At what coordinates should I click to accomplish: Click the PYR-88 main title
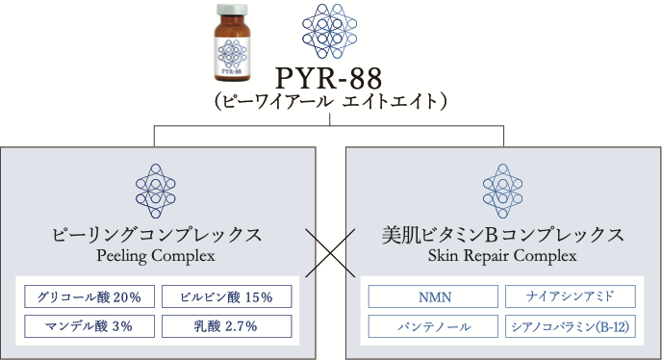[330, 77]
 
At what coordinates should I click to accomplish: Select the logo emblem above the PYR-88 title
[330, 31]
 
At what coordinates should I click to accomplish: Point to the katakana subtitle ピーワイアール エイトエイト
[330, 101]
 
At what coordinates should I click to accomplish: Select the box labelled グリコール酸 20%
[89, 297]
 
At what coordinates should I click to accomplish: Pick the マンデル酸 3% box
[89, 326]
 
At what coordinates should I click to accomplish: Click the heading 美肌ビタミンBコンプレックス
[502, 235]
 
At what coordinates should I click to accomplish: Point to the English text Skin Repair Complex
[502, 256]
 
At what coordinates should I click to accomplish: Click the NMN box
[434, 297]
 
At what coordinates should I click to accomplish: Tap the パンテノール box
[434, 326]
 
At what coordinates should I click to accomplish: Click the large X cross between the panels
[330, 255]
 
